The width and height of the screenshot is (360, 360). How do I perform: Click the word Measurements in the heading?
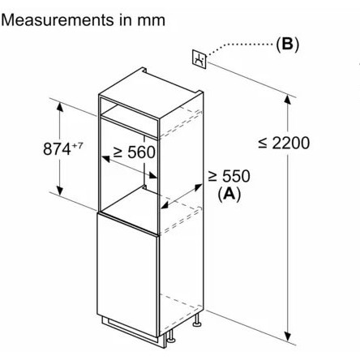(x=58, y=20)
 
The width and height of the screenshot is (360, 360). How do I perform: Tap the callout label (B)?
(x=287, y=44)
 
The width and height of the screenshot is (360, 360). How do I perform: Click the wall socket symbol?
(x=199, y=58)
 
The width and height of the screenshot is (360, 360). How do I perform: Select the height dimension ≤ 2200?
(x=284, y=143)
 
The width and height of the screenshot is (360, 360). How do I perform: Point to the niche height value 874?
(x=57, y=148)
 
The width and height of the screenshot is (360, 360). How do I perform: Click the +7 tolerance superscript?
(x=77, y=146)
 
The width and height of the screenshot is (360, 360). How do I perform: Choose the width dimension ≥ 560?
(x=135, y=152)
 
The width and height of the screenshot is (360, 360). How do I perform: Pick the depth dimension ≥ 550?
(x=229, y=176)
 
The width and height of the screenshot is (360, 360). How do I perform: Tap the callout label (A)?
(x=229, y=194)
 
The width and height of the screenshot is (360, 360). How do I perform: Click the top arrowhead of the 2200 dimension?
(x=288, y=100)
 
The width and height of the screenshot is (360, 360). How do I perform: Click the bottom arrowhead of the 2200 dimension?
(x=288, y=336)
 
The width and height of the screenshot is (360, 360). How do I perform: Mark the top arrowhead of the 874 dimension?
(x=60, y=107)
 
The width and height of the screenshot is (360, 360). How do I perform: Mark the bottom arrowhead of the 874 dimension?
(x=60, y=191)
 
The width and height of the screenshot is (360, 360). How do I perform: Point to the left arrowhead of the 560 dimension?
(x=105, y=159)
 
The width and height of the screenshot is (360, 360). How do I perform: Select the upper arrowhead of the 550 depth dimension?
(x=198, y=186)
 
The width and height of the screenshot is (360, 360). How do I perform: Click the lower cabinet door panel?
(x=127, y=273)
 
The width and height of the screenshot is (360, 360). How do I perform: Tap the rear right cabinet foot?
(x=197, y=319)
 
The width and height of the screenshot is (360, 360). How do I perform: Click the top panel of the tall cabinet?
(x=151, y=93)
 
